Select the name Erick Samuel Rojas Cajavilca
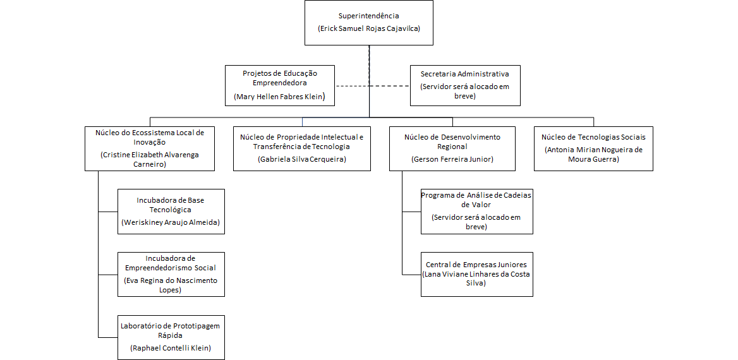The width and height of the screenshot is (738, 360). point(369,29)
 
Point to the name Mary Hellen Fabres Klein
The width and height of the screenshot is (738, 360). point(280,97)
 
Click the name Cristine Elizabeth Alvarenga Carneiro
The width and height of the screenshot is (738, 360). point(150,159)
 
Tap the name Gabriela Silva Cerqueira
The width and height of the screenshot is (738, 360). point(302,159)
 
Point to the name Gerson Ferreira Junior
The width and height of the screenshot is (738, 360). point(452,159)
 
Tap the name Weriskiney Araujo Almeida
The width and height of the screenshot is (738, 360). point(171,223)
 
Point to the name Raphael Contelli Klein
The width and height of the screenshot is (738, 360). point(171,348)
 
